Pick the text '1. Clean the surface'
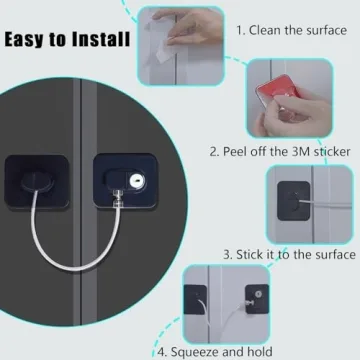(x=291, y=29)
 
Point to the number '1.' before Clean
(x=241, y=29)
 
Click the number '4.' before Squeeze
(x=160, y=350)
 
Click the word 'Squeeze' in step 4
(x=197, y=350)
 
